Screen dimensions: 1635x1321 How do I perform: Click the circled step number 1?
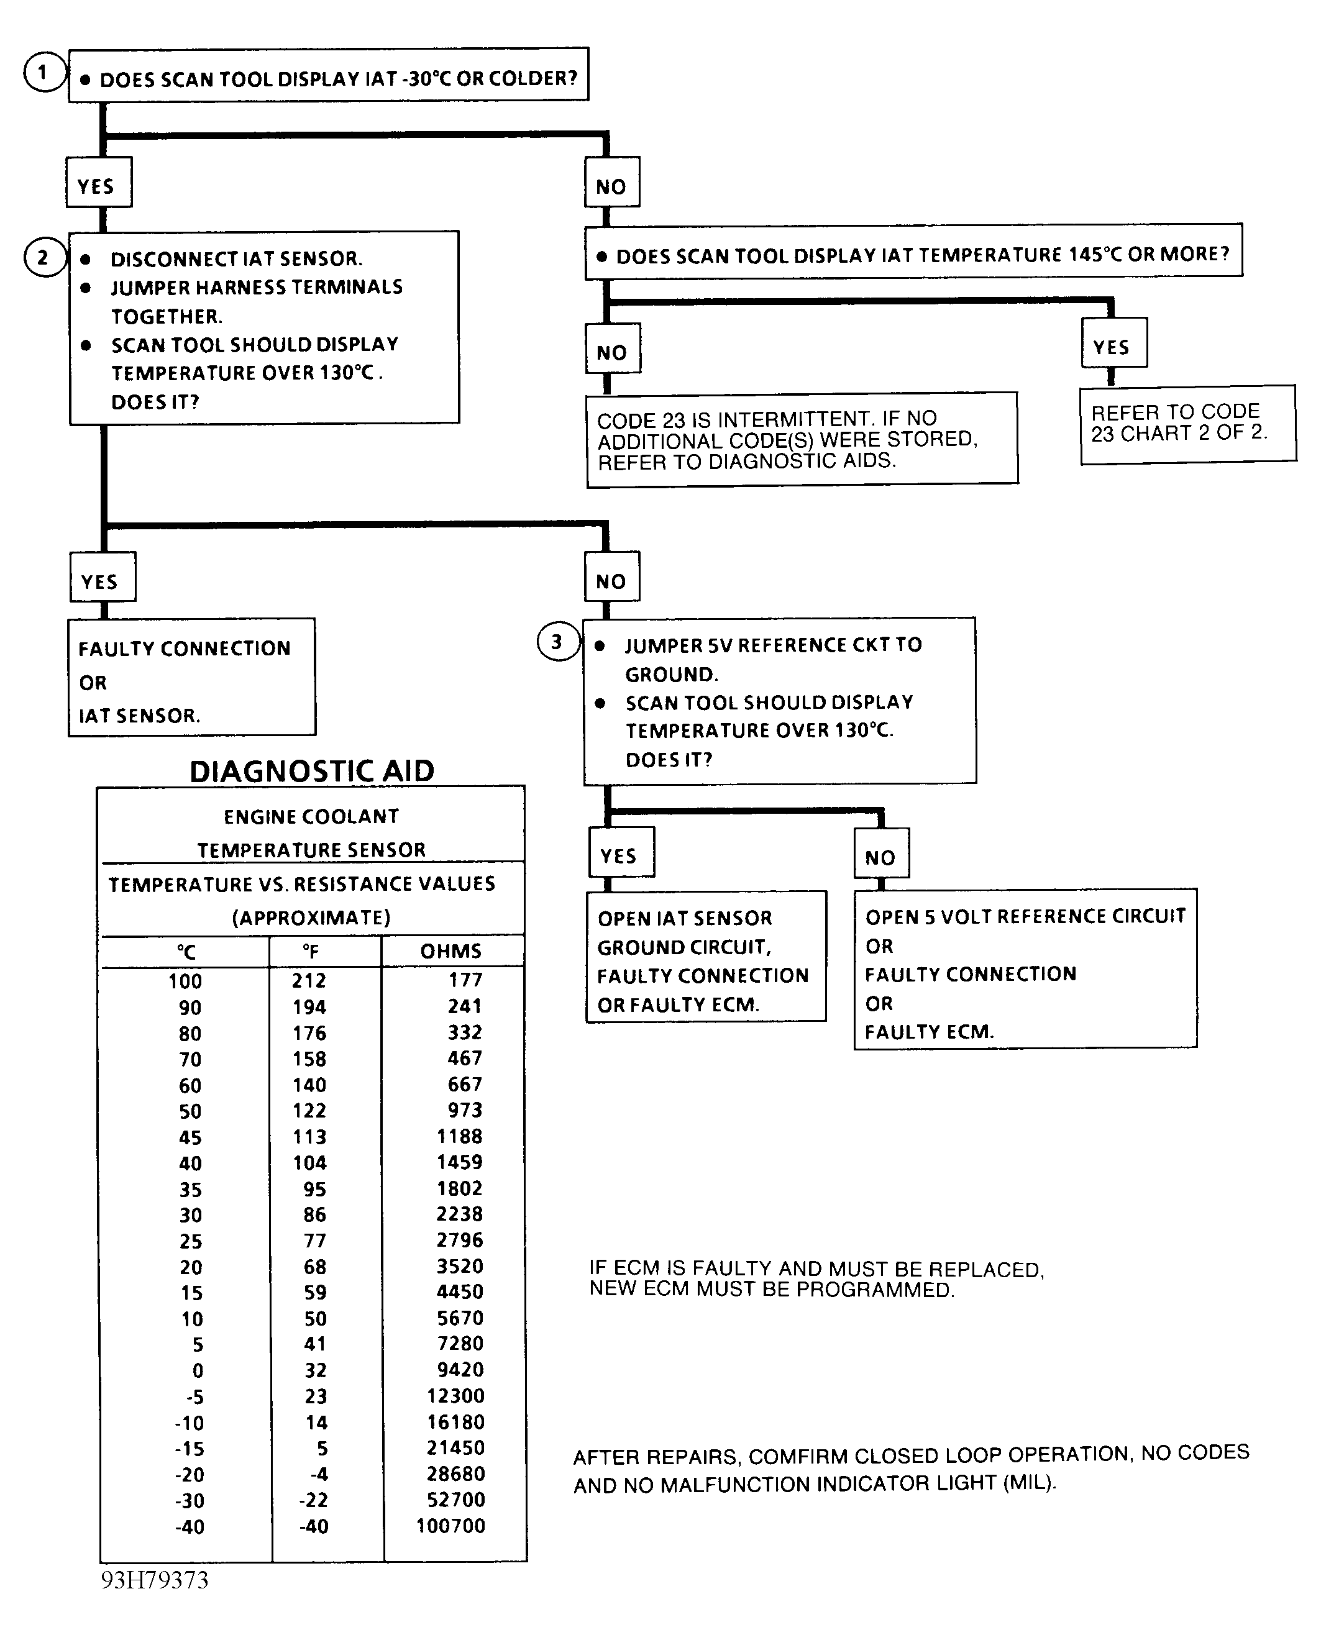43,73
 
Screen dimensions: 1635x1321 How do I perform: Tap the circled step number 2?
43,258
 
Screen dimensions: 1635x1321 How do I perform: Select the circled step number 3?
558,642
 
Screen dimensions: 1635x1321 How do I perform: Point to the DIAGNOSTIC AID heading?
311,772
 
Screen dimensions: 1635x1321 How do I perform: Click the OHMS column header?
450,951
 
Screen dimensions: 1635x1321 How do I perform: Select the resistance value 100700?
450,1526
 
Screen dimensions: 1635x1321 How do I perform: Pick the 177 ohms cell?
465,980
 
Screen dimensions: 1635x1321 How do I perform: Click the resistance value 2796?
460,1240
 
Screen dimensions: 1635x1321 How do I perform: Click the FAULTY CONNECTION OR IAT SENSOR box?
192,677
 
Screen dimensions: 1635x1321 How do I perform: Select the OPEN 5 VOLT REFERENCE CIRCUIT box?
1025,969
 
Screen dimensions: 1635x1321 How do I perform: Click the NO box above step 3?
611,582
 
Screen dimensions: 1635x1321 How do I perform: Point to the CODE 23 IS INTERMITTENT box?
802,440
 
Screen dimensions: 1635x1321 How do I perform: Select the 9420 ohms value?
460,1370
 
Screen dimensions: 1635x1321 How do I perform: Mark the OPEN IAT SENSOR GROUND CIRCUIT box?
705,957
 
